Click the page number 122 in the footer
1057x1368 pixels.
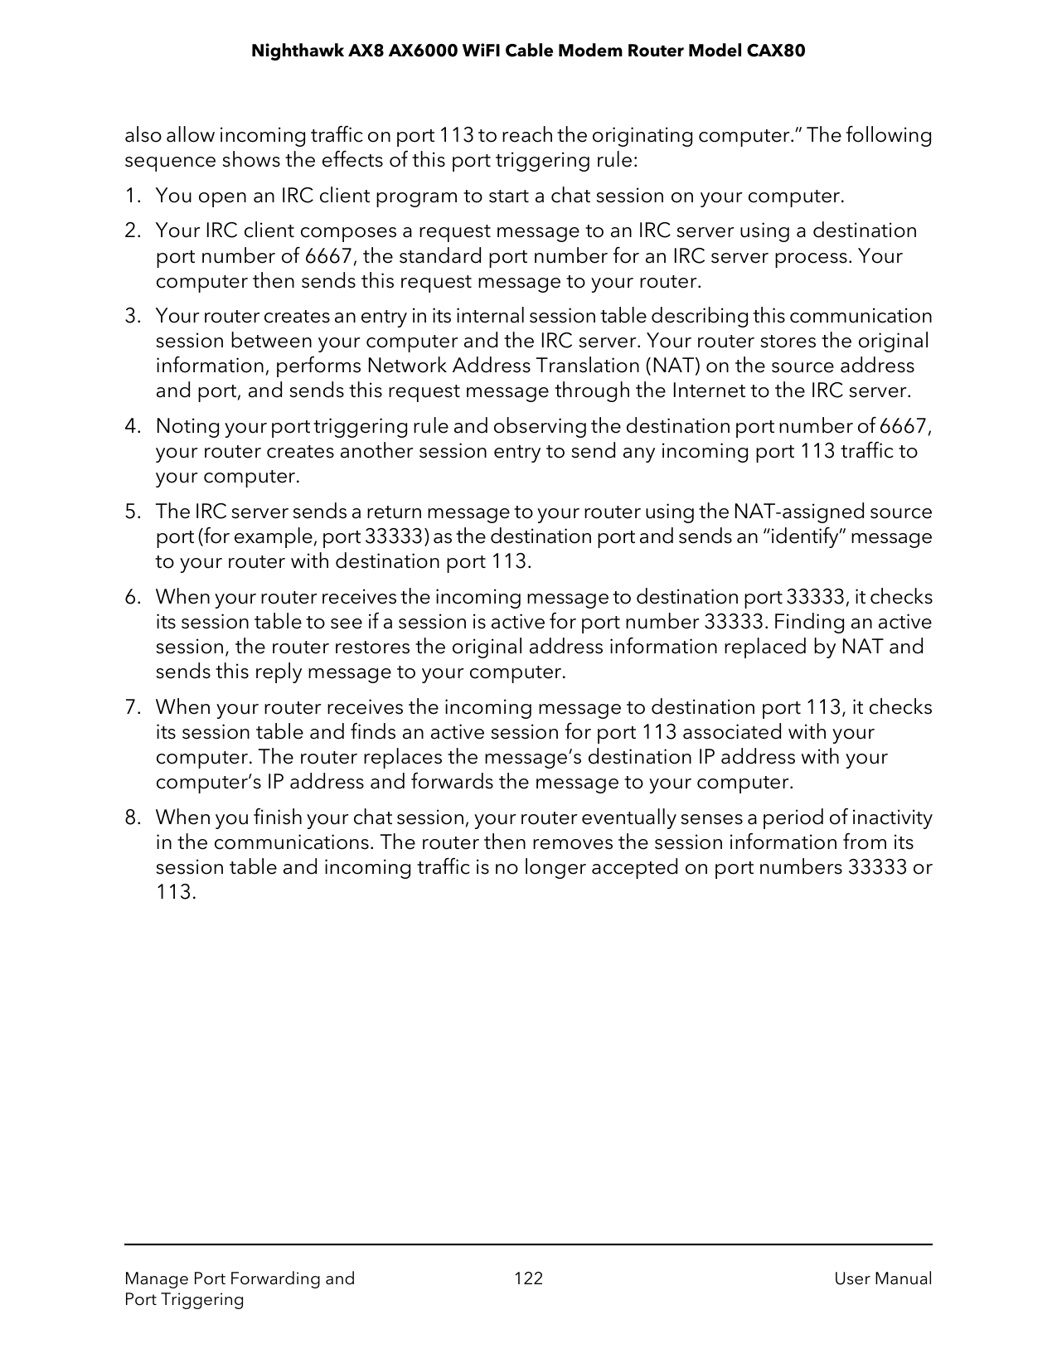tap(528, 1278)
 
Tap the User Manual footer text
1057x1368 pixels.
tap(883, 1278)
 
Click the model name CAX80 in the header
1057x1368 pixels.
tap(776, 51)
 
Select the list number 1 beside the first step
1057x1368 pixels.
tap(131, 196)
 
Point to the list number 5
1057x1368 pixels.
tap(131, 512)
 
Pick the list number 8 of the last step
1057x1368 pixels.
tap(131, 818)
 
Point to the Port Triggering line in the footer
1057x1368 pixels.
tap(184, 1299)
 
